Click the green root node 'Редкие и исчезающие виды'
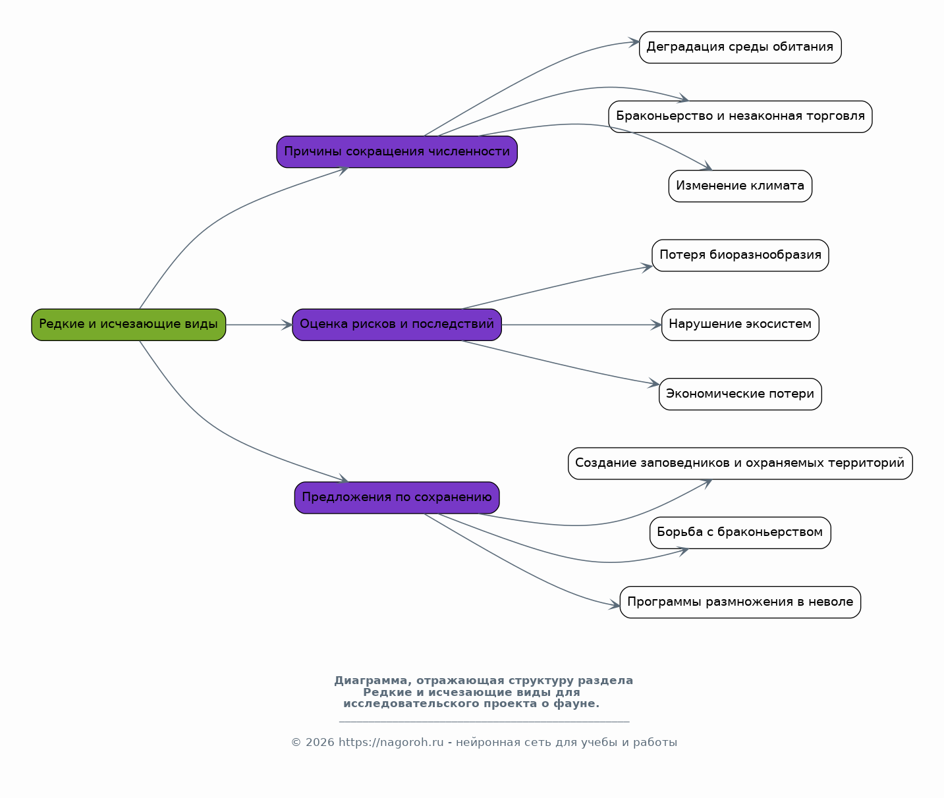coord(128,325)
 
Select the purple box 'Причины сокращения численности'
coord(397,151)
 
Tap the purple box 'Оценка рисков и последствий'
coord(397,325)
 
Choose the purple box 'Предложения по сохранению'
coord(397,498)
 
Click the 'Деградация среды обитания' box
coord(740,47)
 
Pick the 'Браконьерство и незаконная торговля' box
coord(740,117)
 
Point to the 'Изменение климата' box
coord(740,186)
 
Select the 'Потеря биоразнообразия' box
coord(740,255)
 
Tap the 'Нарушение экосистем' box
coord(740,325)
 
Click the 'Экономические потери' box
coord(740,394)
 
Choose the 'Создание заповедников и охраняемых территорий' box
coord(740,464)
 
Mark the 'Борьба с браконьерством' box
coord(740,533)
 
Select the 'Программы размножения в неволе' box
coord(740,602)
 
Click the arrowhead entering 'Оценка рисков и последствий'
coord(287,325)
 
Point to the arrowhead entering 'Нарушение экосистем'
coord(656,325)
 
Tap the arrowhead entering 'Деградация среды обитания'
coord(634,42)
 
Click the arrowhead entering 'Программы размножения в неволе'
coord(614,605)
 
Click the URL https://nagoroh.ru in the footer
coord(391,742)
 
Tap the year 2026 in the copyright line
coord(319,742)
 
